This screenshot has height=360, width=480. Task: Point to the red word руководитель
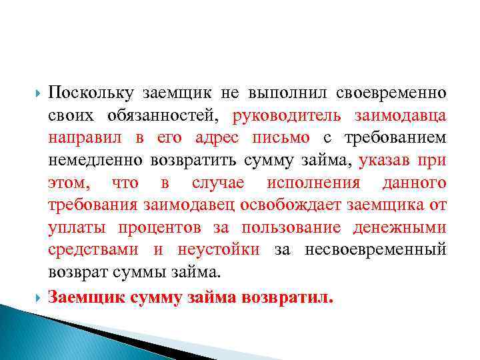(x=287, y=115)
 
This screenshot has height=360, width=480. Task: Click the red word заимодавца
(x=399, y=115)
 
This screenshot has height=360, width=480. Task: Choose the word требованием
(x=395, y=138)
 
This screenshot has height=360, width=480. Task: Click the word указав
(x=387, y=161)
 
